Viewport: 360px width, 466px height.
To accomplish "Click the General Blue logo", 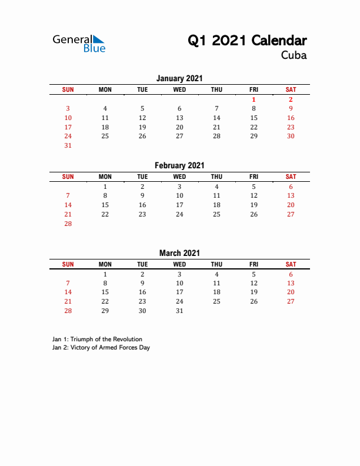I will tap(79, 43).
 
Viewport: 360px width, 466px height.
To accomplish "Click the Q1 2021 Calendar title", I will tap(247, 41).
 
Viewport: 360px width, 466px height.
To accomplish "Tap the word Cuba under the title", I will tap(294, 56).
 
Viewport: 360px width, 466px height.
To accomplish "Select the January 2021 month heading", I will tap(179, 78).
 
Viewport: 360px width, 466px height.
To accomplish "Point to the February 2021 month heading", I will tap(179, 166).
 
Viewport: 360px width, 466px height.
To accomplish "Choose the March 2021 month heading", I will tap(179, 254).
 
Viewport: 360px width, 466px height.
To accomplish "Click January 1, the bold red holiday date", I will tap(254, 99).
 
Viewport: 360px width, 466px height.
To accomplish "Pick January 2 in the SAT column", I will tap(291, 99).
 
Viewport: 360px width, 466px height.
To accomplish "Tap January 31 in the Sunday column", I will tap(68, 146).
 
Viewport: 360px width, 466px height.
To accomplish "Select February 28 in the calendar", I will tap(68, 224).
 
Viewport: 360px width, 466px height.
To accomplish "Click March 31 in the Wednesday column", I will tap(179, 311).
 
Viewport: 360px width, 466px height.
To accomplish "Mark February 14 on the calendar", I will tap(68, 205).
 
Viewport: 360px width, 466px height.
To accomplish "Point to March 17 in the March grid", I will tap(179, 292).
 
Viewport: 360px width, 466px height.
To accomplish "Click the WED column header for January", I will tap(179, 89).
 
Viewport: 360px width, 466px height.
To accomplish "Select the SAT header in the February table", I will tap(291, 177).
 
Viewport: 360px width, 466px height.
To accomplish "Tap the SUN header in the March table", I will tap(68, 264).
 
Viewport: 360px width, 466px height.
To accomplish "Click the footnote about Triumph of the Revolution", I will tap(97, 339).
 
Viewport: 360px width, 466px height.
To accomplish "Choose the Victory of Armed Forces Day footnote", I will tap(101, 348).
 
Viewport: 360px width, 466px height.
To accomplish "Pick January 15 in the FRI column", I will tap(254, 118).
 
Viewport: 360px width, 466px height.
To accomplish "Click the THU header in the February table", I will tap(216, 177).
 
